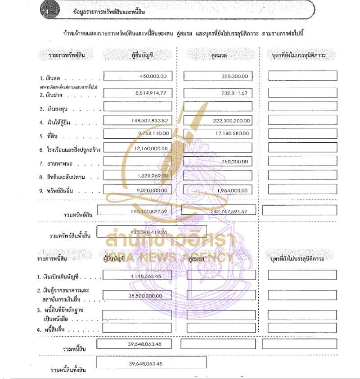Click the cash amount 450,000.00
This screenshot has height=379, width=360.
pyautogui.click(x=153, y=77)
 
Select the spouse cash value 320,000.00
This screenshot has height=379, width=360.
pyautogui.click(x=234, y=77)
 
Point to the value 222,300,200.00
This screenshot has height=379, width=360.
pyautogui.click(x=230, y=121)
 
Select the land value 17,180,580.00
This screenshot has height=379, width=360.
pyautogui.click(x=231, y=133)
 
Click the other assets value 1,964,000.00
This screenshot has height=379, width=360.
pyautogui.click(x=232, y=190)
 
